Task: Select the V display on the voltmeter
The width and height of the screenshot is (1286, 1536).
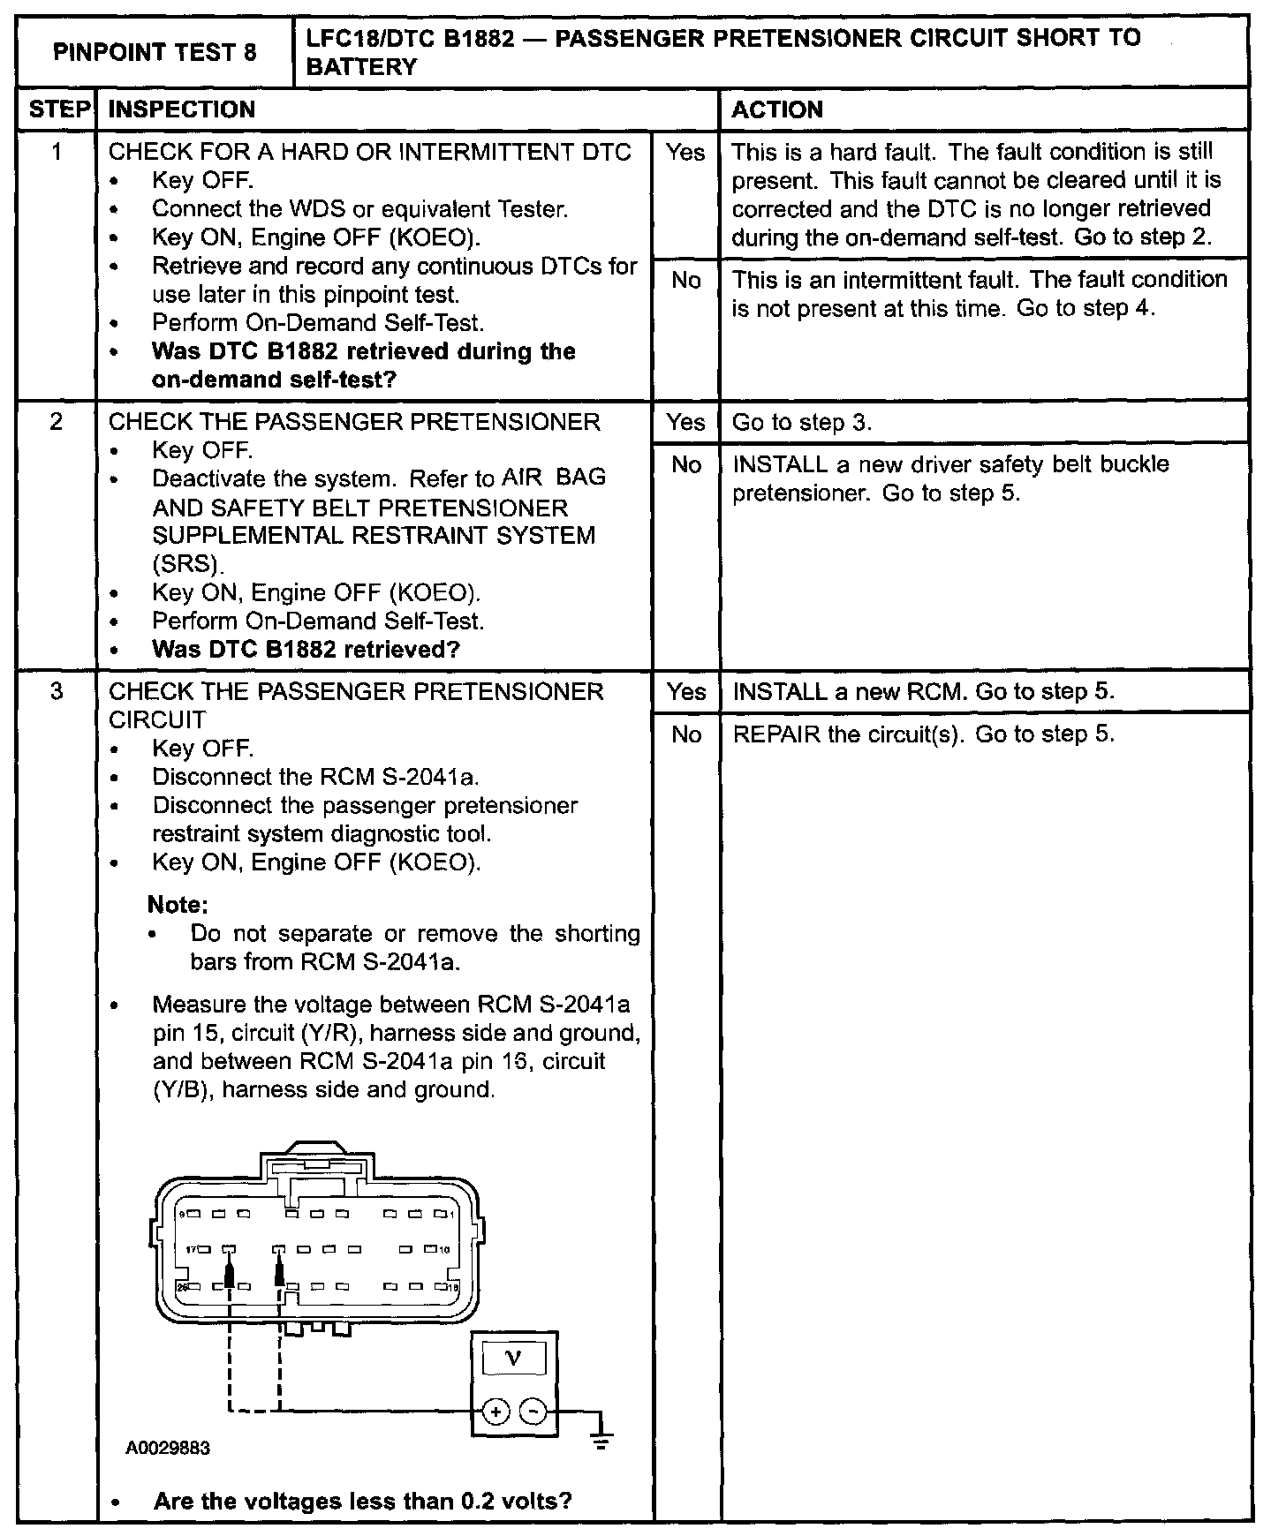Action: click(x=514, y=1359)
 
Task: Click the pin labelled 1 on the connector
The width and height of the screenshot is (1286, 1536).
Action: click(x=440, y=1215)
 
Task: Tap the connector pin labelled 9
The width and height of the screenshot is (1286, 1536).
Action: click(x=193, y=1215)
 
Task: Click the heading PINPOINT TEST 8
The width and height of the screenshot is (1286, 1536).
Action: click(x=155, y=52)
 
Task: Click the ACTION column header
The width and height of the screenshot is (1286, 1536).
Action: click(x=777, y=109)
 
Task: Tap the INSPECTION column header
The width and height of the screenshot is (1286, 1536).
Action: click(x=181, y=109)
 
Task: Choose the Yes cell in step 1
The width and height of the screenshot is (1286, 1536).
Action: click(x=686, y=153)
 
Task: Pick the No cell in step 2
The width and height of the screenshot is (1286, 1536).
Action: click(x=686, y=464)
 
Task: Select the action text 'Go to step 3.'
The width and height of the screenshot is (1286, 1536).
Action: click(x=802, y=422)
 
